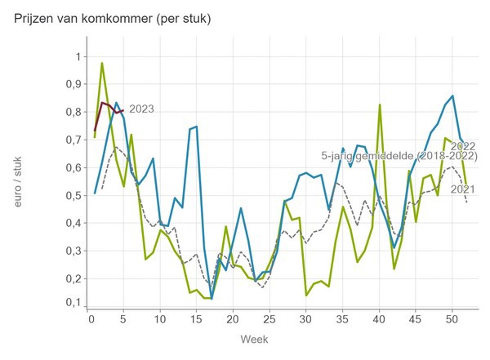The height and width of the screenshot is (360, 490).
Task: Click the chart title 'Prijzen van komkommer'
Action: point(113,19)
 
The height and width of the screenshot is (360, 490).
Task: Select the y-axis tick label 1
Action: point(78,56)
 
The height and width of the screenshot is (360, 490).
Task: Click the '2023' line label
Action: point(141,109)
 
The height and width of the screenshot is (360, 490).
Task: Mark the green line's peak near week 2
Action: point(102,63)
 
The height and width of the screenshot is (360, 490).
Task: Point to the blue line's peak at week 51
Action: point(452,96)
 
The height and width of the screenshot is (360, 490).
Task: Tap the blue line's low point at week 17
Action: point(212,299)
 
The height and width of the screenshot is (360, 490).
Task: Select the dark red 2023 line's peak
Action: point(102,102)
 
